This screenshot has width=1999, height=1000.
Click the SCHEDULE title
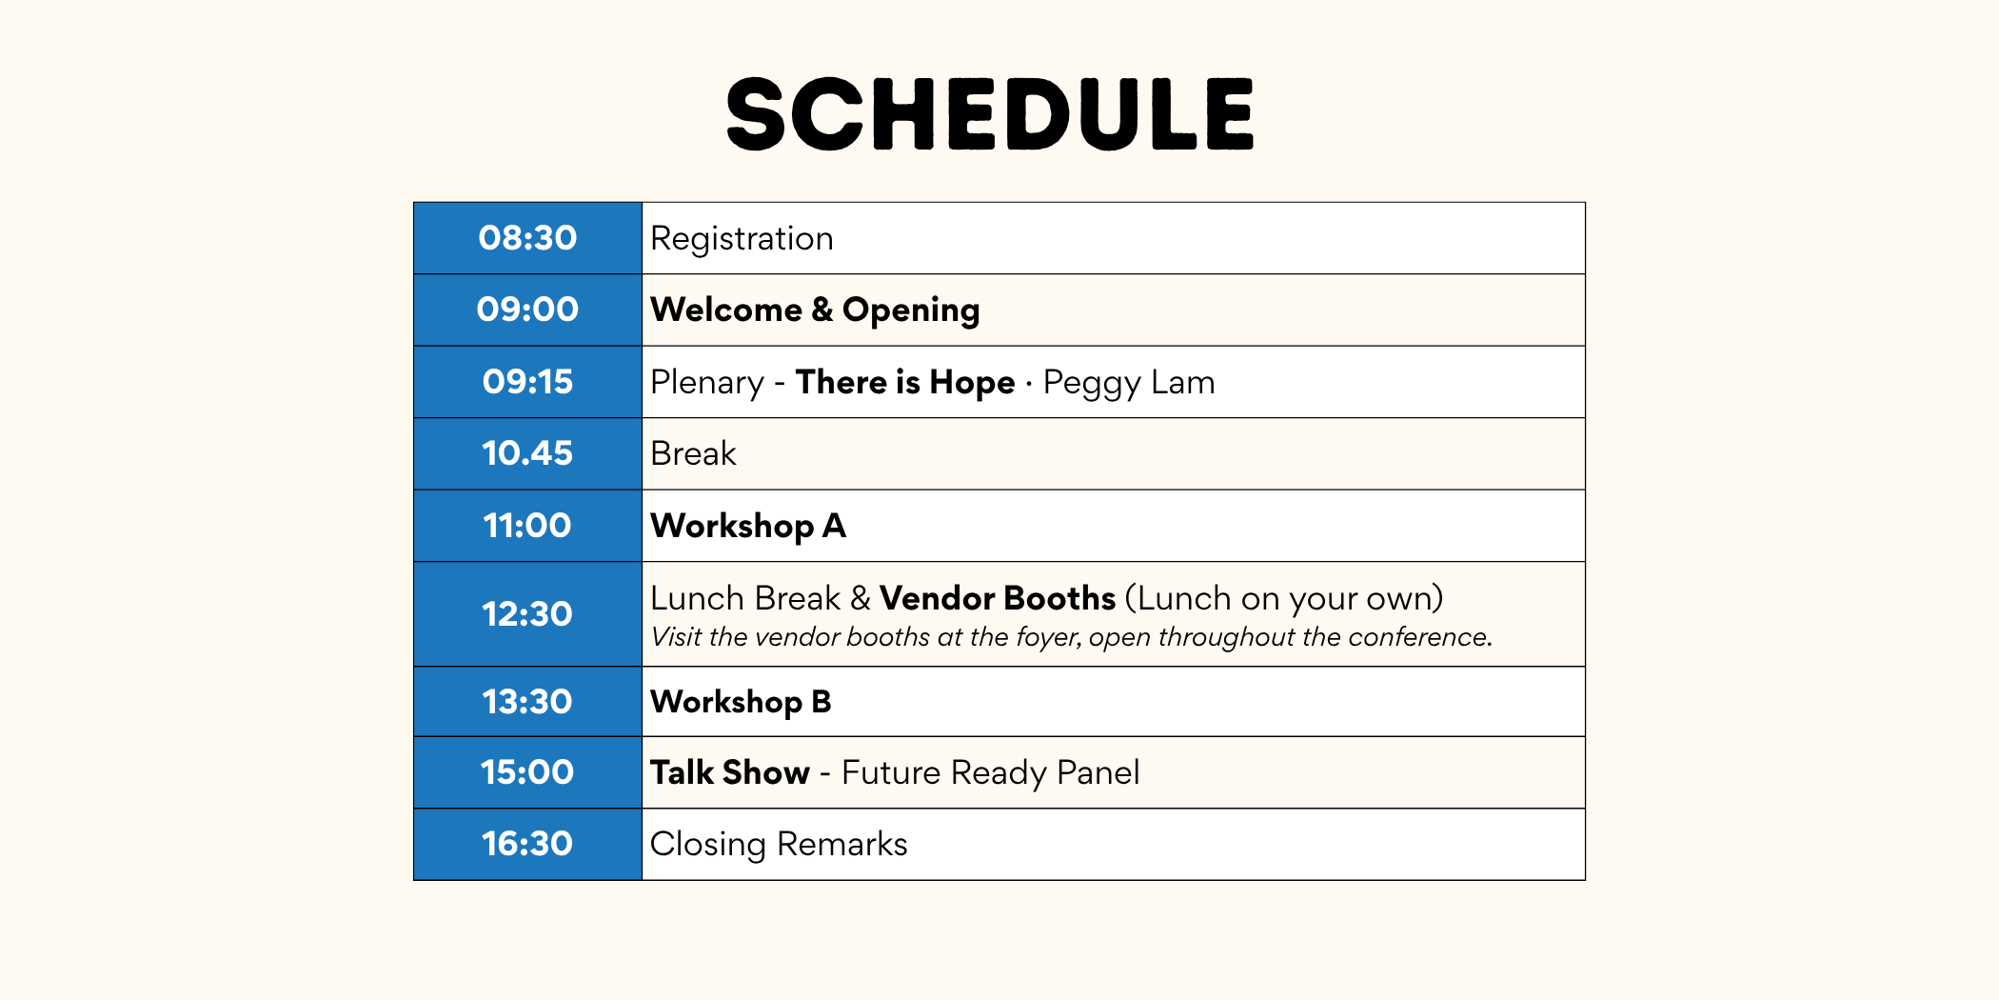click(990, 114)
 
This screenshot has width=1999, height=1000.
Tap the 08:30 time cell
click(527, 238)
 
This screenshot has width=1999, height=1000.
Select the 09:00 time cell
click(527, 310)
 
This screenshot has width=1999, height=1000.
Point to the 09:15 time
click(527, 382)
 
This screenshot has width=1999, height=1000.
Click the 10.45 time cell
click(527, 453)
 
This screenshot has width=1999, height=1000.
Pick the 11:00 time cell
click(527, 526)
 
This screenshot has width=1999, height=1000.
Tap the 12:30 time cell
click(527, 614)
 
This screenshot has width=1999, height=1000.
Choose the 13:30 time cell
click(527, 702)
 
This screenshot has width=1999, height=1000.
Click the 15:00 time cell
click(527, 772)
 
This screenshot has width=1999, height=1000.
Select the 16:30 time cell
click(527, 844)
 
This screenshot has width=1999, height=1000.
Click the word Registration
click(742, 239)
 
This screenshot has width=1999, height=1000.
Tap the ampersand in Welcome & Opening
click(822, 310)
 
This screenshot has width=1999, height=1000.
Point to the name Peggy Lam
click(1129, 383)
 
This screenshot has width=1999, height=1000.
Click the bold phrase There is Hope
click(905, 382)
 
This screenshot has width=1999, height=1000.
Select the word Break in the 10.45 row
click(693, 453)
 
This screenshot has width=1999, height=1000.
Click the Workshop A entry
click(748, 526)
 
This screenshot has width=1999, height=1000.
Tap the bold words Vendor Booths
click(998, 598)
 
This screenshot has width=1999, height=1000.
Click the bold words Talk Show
click(730, 772)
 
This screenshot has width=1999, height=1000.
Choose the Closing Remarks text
click(779, 845)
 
